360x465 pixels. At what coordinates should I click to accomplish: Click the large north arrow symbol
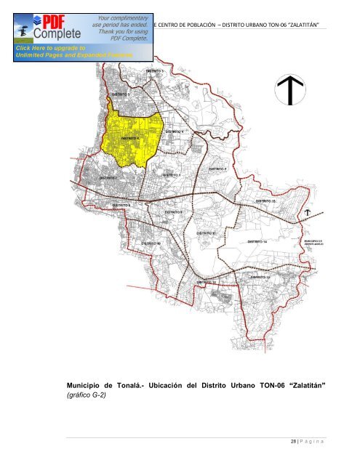(x=289, y=89)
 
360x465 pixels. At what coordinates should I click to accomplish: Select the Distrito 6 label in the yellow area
(x=129, y=137)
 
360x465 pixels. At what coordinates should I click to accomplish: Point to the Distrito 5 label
(x=121, y=94)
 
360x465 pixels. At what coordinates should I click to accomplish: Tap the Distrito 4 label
(x=173, y=131)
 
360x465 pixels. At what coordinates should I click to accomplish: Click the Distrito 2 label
(x=218, y=169)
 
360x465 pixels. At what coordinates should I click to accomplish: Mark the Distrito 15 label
(x=265, y=201)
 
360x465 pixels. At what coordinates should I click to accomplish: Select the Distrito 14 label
(x=257, y=240)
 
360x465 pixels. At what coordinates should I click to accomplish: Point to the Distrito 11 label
(x=207, y=233)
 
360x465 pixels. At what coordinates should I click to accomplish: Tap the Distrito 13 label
(x=260, y=277)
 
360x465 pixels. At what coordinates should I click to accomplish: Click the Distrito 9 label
(x=173, y=211)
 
